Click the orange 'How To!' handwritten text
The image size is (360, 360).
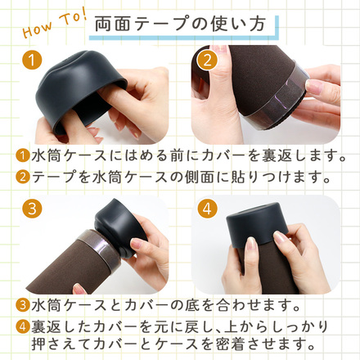(x=54, y=24)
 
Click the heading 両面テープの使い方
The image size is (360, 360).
(x=180, y=24)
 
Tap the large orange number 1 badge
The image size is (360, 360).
(x=32, y=61)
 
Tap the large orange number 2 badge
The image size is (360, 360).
(x=207, y=61)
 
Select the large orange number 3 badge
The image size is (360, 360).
(x=32, y=209)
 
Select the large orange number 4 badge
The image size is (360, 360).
(x=207, y=209)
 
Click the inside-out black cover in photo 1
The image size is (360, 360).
(x=82, y=90)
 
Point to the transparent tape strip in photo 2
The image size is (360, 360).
(x=276, y=96)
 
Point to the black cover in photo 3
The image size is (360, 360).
(x=120, y=227)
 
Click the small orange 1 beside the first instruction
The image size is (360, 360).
(x=23, y=156)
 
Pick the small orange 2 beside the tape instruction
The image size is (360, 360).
(x=23, y=177)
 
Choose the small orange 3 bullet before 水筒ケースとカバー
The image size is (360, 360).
(x=23, y=305)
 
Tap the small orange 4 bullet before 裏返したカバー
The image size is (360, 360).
(x=23, y=326)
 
